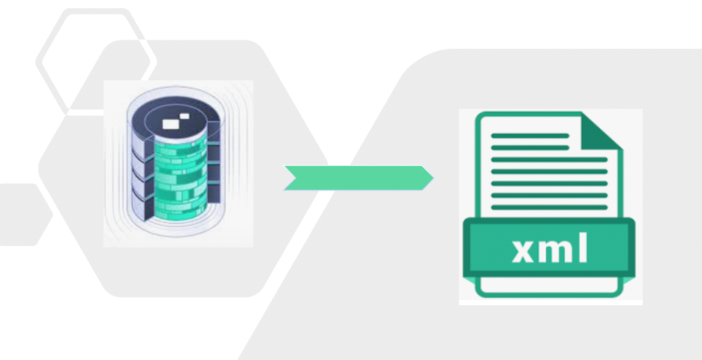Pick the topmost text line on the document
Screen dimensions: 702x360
pyautogui.click(x=529, y=136)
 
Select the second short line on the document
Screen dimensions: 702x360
pyautogui.click(x=529, y=147)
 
